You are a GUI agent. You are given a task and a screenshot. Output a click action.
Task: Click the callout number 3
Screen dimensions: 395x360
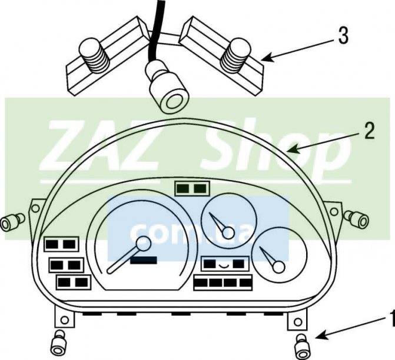tap(343, 36)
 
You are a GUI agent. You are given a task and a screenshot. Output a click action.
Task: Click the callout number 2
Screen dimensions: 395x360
tap(369, 131)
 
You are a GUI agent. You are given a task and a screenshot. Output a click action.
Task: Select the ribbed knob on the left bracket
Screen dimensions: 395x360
tap(94, 56)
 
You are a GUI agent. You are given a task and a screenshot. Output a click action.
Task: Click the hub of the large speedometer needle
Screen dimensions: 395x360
tap(144, 244)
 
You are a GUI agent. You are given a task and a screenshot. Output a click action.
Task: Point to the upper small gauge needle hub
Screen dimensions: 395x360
tap(228, 232)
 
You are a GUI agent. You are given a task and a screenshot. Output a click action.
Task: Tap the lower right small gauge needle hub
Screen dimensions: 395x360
tap(278, 267)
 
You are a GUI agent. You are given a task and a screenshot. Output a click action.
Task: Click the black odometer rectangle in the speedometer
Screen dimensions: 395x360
tap(144, 261)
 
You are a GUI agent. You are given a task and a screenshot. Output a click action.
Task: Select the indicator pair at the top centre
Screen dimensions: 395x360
tap(192, 188)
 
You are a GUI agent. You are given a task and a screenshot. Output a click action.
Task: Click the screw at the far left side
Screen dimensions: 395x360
tap(12, 222)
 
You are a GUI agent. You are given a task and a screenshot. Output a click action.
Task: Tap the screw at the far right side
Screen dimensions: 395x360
tap(357, 218)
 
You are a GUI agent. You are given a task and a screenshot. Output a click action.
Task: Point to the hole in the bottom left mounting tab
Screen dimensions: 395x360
tap(65, 320)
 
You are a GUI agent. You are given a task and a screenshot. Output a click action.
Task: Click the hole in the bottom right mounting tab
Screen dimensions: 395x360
tap(298, 322)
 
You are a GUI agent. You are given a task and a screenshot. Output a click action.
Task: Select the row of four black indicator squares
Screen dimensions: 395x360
tap(223, 282)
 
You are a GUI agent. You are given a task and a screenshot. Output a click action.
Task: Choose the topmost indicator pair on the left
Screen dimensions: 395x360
tap(61, 244)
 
